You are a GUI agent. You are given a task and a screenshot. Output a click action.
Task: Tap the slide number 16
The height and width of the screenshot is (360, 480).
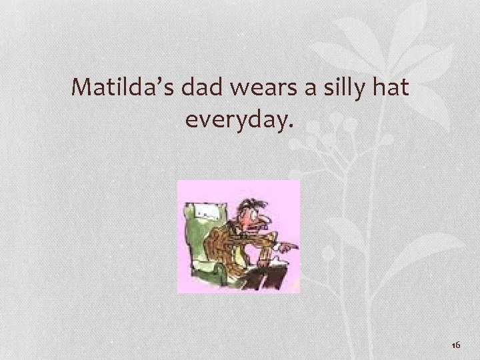(x=457, y=345)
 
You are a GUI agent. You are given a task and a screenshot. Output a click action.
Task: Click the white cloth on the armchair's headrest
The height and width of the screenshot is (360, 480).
(x=206, y=213)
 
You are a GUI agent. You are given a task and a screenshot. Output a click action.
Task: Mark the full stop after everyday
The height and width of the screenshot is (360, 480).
(x=289, y=126)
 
